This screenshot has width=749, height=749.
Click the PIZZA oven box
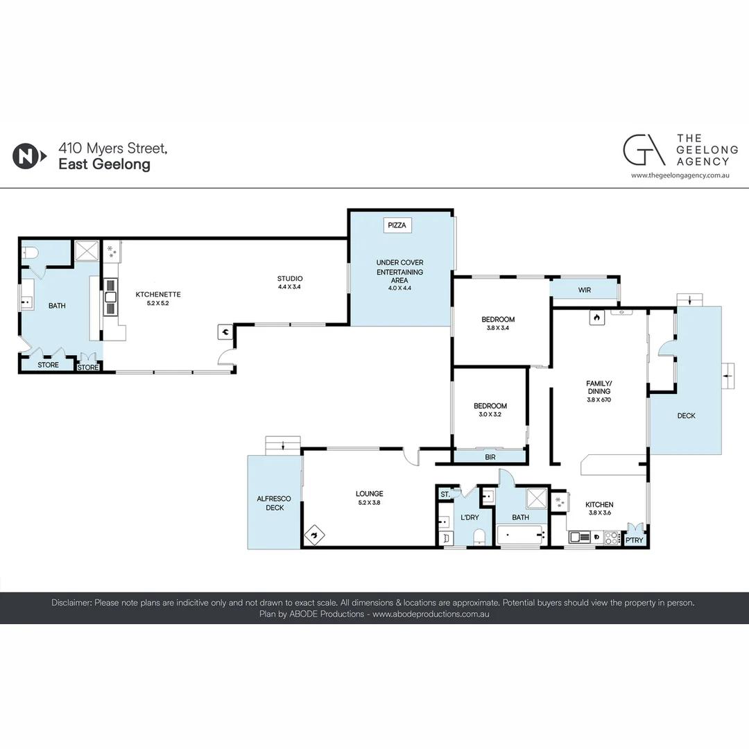(x=397, y=225)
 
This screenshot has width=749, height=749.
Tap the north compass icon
(x=29, y=156)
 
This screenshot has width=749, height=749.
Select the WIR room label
(x=584, y=290)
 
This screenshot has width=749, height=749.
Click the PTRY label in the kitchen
(x=635, y=540)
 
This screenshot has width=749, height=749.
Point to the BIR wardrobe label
(x=490, y=457)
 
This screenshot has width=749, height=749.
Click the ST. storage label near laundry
(x=445, y=494)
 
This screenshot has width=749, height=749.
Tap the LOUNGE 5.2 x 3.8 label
(x=369, y=498)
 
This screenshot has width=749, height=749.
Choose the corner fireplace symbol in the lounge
(x=314, y=535)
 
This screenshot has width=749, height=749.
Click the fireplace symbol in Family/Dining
(x=596, y=318)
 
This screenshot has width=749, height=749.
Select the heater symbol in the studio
(x=225, y=332)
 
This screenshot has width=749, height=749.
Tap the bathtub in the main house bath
(x=521, y=535)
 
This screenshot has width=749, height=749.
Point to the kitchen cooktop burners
(x=612, y=538)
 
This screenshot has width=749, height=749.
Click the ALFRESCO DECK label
(x=274, y=503)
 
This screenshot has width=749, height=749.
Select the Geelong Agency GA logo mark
(x=644, y=150)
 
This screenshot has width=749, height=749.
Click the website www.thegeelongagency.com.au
(x=680, y=175)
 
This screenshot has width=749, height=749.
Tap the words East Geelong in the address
(x=105, y=164)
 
